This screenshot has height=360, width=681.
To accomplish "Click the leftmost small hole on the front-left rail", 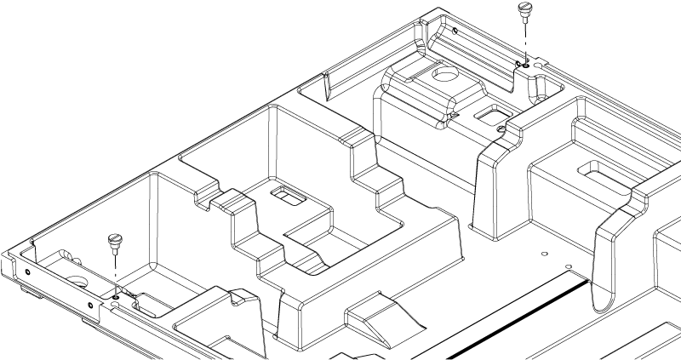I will point(28,272).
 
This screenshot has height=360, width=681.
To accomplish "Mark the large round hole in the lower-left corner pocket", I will point(75,281).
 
